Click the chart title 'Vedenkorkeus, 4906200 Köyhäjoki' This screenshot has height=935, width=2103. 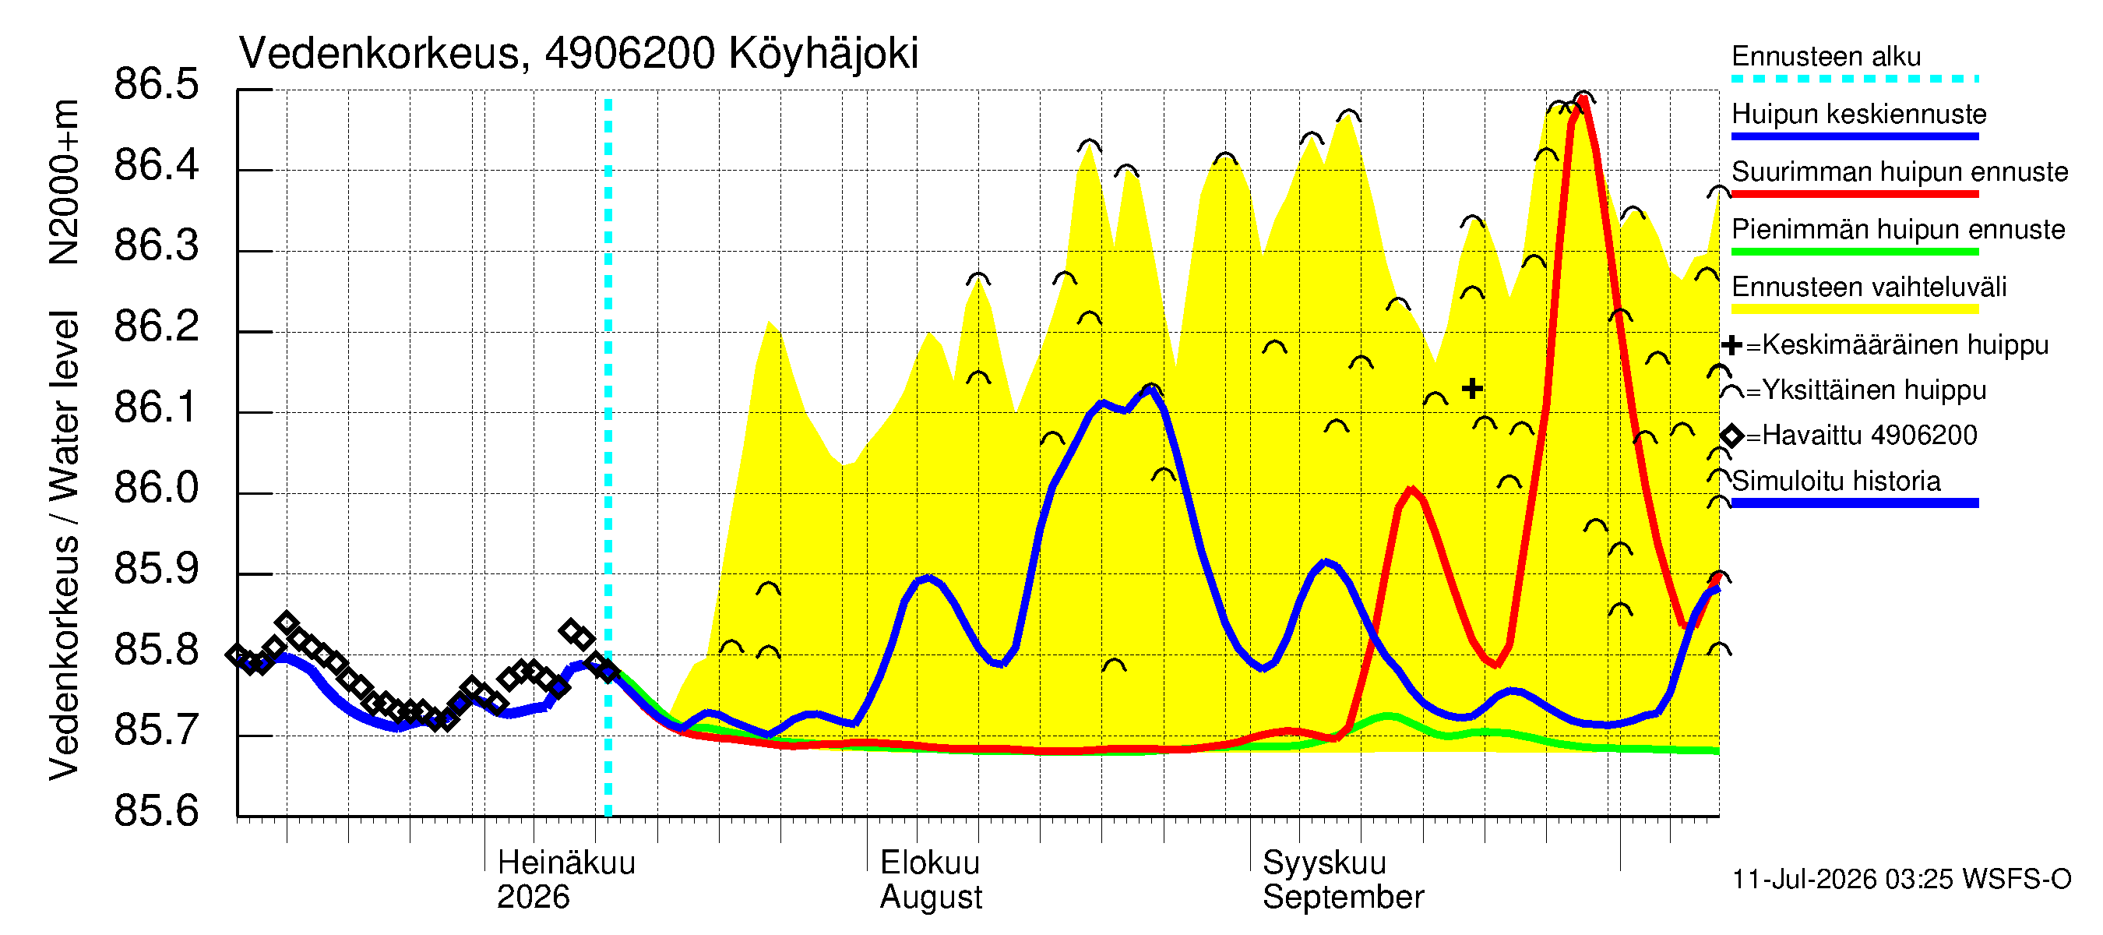click(578, 54)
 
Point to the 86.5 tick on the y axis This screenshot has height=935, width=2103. click(156, 84)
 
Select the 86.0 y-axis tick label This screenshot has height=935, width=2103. click(156, 488)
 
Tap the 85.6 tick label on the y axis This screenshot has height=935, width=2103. click(156, 811)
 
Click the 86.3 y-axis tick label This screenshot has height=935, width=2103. click(156, 245)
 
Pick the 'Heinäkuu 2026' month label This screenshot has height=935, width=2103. click(565, 880)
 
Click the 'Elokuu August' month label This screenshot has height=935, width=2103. click(931, 880)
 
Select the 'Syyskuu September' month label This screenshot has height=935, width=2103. click(1343, 880)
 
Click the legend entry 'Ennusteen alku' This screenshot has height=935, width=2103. click(1826, 56)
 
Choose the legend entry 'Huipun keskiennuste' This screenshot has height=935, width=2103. click(1859, 114)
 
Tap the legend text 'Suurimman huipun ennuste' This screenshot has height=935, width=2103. click(1900, 171)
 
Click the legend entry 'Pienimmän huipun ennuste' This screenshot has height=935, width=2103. click(1898, 229)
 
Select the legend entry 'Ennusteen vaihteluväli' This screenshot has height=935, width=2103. click(1869, 288)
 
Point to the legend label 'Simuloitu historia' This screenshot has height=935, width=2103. click(1836, 481)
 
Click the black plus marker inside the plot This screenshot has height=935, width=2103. click(1472, 389)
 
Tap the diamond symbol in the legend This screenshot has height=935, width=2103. click(1731, 436)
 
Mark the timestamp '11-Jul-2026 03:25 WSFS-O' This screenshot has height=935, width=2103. click(1901, 880)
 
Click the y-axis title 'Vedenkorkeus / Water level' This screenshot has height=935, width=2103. click(65, 545)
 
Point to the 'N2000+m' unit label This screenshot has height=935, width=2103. click(65, 182)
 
